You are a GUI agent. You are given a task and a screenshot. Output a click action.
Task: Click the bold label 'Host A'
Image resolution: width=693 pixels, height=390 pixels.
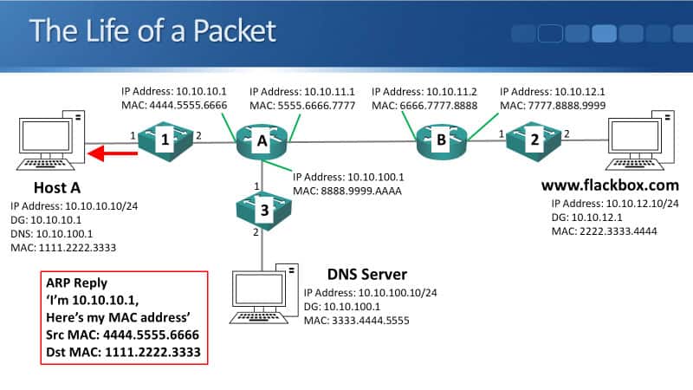pos(59,188)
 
